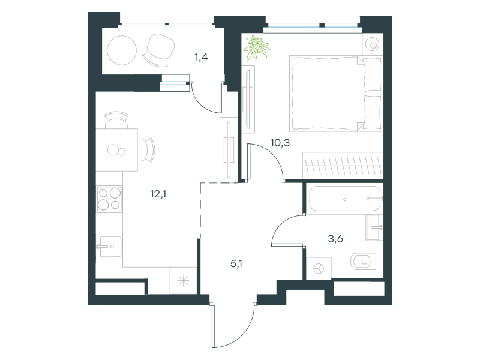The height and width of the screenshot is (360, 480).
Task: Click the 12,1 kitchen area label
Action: tap(158, 194)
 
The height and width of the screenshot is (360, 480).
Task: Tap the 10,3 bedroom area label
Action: tap(280, 143)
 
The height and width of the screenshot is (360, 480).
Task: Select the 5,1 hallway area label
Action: tap(236, 263)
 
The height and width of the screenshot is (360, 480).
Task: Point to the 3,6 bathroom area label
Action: tap(335, 239)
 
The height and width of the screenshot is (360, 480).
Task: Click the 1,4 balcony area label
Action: tap(201, 57)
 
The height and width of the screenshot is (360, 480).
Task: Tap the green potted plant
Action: tap(256, 47)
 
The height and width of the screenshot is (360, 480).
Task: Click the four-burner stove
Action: tap(109, 199)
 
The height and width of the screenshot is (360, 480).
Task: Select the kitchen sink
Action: tap(109, 247)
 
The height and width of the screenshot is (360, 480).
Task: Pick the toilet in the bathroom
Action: tap(361, 262)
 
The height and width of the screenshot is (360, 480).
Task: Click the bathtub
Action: tap(345, 199)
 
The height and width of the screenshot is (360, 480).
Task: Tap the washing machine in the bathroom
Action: tap(319, 268)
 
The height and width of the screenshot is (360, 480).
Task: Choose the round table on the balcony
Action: tap(122, 50)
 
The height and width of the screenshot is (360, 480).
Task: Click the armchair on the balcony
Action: tap(159, 50)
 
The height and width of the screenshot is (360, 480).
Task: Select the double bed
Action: tap(336, 94)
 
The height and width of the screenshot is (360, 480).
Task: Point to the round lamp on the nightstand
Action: tap(373, 44)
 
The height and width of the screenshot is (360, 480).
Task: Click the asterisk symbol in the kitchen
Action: tap(184, 281)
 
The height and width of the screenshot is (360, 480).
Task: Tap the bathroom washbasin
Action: tap(374, 227)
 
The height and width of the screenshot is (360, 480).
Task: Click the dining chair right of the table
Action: tap(146, 150)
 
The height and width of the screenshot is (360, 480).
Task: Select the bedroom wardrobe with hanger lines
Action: tap(343, 166)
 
